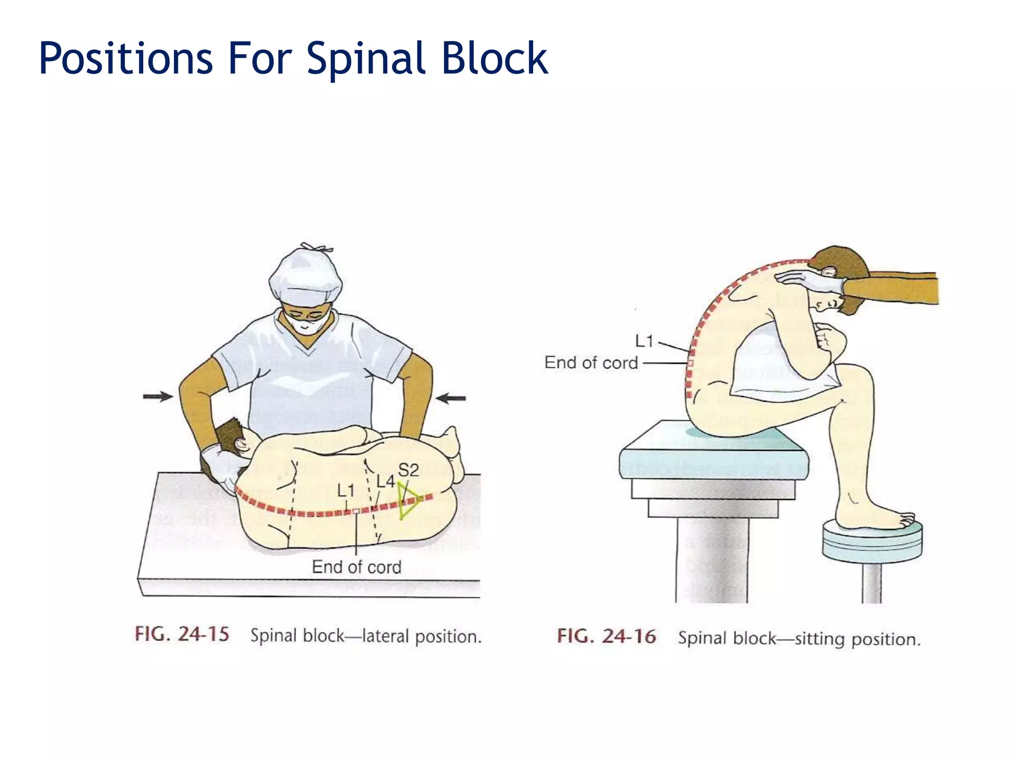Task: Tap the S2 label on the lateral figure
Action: pos(408,470)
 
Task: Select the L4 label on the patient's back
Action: pos(385,481)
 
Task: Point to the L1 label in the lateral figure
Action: pos(346,491)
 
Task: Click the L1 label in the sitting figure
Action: pos(644,341)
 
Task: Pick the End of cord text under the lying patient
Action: pos(356,567)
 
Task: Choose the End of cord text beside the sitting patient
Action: pos(591,363)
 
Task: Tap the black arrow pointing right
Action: pos(158,396)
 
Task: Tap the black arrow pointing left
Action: pos(451,398)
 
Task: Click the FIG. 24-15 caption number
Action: pos(182,634)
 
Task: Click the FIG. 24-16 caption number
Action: pos(606,636)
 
